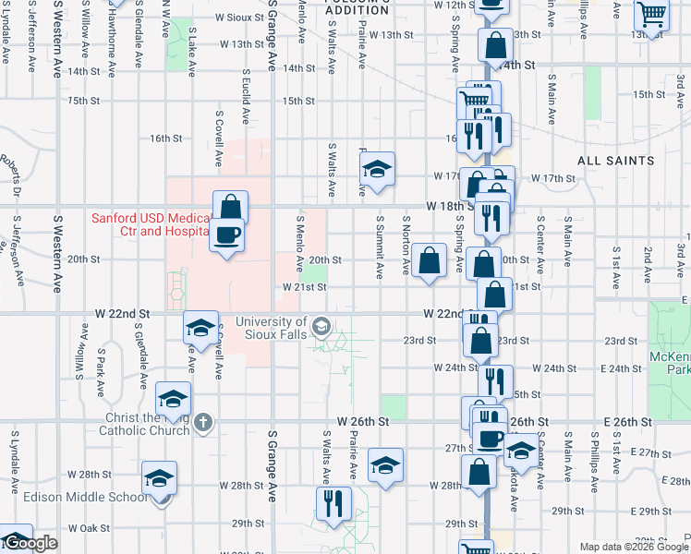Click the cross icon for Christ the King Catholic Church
(x=204, y=424)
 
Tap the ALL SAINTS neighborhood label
(x=616, y=161)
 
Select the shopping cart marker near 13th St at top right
(x=652, y=15)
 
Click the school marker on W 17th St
(x=377, y=168)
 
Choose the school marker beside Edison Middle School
(x=160, y=477)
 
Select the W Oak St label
(x=88, y=529)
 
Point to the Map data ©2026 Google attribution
(x=635, y=547)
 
